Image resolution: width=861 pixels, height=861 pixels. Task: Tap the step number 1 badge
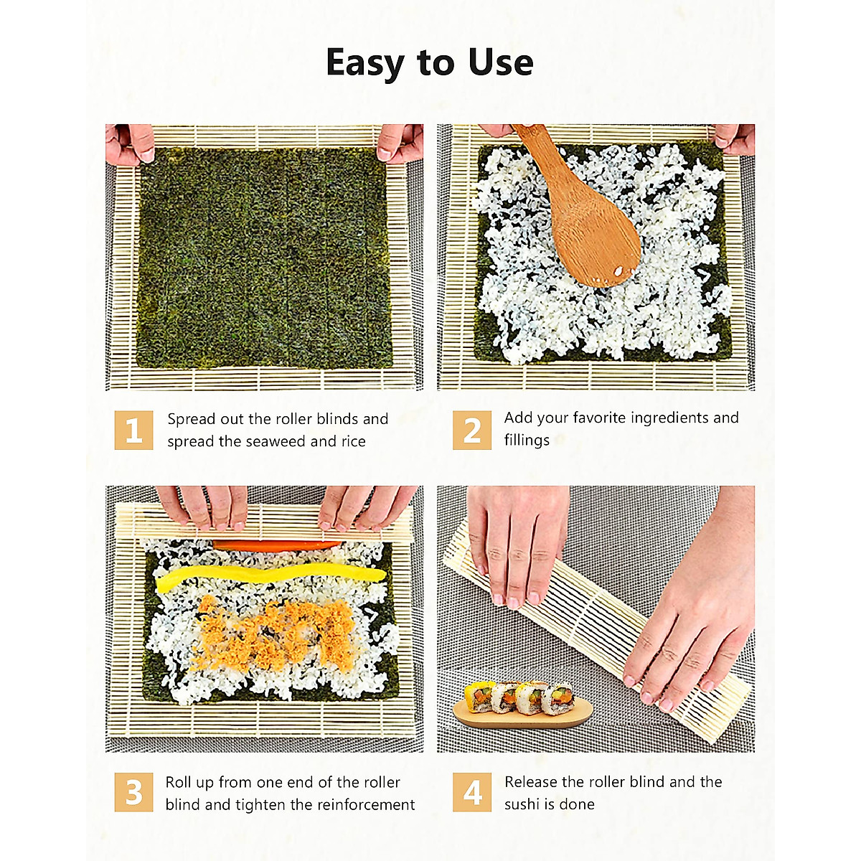tap(133, 430)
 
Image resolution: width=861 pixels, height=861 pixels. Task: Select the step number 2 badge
tap(471, 430)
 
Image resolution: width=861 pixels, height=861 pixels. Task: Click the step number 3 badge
tap(133, 792)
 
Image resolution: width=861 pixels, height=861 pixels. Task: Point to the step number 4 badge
tap(471, 792)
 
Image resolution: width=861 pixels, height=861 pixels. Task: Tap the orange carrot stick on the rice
tap(276, 546)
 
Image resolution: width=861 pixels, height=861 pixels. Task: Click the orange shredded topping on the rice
tap(276, 631)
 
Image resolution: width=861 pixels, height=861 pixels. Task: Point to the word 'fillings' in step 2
tap(526, 440)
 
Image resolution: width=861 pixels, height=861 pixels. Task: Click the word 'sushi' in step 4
tap(522, 804)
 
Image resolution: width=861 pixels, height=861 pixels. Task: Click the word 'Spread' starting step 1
tap(190, 419)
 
